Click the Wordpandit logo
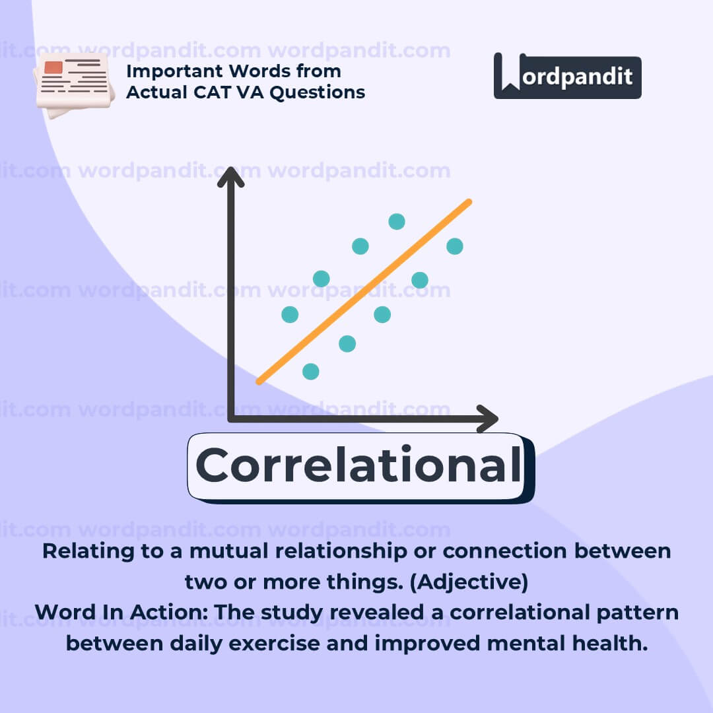(568, 76)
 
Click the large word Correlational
(358, 465)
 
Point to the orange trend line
(364, 292)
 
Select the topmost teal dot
(397, 221)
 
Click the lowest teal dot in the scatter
(310, 372)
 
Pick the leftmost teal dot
(290, 314)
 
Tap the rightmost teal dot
(455, 246)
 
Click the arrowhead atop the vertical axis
(231, 177)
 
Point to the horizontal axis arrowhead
(488, 419)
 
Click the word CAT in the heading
(213, 92)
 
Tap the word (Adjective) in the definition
(469, 582)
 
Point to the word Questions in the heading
(318, 92)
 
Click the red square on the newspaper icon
(53, 67)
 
